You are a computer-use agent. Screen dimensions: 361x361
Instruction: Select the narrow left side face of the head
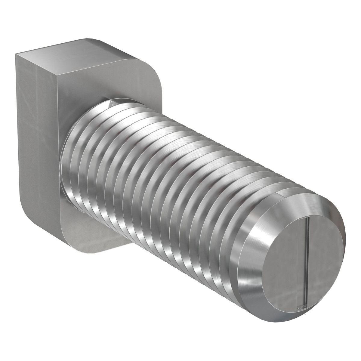click(36, 135)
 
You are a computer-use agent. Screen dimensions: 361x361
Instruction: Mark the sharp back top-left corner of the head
click(16, 54)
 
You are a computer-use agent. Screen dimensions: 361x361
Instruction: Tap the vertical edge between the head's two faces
click(57, 150)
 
